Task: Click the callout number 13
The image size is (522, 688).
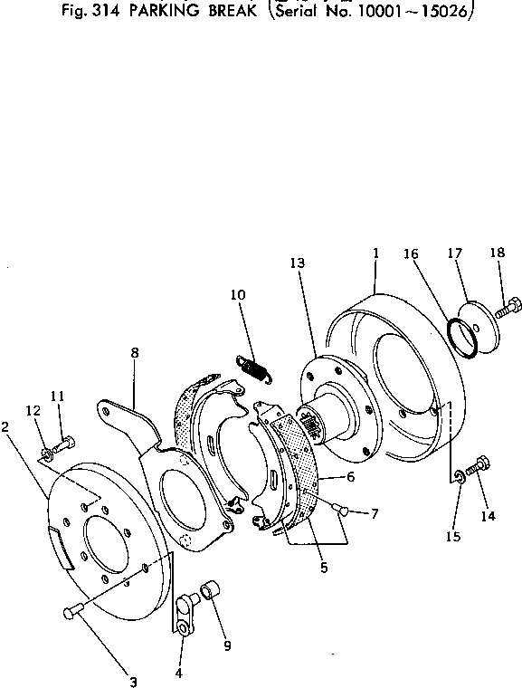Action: coord(299,263)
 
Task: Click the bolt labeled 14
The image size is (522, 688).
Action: coord(479,466)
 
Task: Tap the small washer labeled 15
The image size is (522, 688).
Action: coord(460,476)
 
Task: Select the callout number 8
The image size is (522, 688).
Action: coord(134,354)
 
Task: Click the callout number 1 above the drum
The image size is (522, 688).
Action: coord(375,255)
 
